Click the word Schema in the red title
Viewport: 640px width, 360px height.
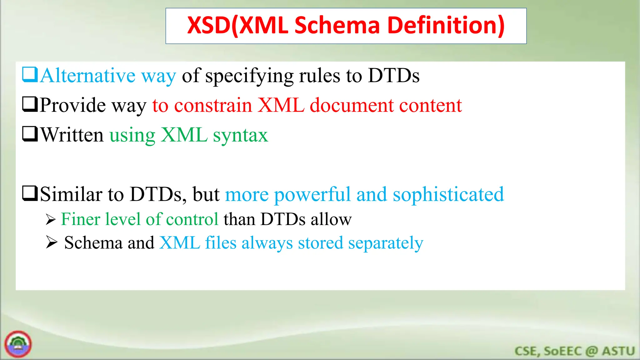337,26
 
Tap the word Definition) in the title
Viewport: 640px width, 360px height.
446,26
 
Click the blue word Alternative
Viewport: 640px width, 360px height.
87,76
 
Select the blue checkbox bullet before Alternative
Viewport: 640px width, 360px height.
30,75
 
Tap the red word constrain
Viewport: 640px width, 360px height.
213,105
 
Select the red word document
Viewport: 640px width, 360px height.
352,105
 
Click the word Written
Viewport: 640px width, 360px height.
72,135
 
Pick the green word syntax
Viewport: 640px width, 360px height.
240,136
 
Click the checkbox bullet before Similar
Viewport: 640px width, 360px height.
30,193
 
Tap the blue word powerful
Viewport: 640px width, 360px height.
312,195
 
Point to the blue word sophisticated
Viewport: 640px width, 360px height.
448,195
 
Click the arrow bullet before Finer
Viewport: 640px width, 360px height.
50,220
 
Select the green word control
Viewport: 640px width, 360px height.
192,219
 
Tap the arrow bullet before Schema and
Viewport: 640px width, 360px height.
51,242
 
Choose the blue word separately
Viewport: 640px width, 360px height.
386,243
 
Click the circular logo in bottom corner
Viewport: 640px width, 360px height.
18,344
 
